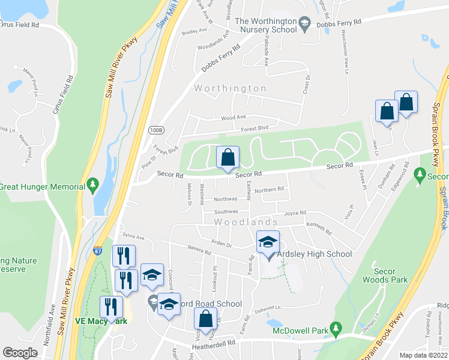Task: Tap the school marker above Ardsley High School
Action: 268,242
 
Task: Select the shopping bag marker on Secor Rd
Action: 228,158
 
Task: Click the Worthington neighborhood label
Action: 230,88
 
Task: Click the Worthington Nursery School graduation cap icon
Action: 305,23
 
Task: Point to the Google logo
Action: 20,353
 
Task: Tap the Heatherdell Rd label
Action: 213,344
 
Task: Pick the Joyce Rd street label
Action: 295,212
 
